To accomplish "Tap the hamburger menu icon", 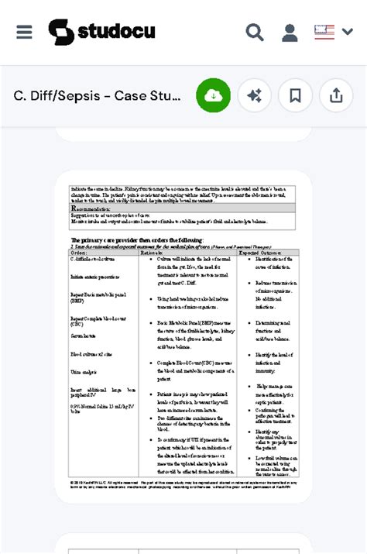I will pos(24,32).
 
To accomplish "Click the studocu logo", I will pos(101,32).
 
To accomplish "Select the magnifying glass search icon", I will pos(254,33).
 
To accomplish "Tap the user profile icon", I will pos(290,33).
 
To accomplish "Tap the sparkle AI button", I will pos(254,95).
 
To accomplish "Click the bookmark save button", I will pos(295,95).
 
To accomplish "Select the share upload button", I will pos(336,95).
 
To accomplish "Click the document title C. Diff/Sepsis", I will pos(97,96).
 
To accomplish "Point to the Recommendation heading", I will pos(97,208).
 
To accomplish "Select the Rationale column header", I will pos(152,253).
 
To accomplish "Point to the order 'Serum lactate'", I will pos(83,335).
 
